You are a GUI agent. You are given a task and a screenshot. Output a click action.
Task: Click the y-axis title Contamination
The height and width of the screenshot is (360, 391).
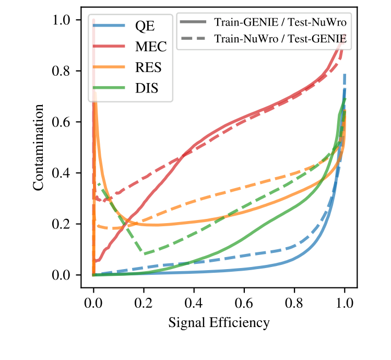pyautogui.click(x=39, y=147)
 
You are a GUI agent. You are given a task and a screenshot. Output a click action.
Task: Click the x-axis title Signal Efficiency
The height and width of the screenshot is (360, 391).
pyautogui.click(x=219, y=323)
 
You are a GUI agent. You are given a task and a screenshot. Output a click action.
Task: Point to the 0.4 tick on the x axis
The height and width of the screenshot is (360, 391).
pyautogui.click(x=194, y=303)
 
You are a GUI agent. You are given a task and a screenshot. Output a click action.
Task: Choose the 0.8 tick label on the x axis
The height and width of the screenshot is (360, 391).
pyautogui.click(x=294, y=303)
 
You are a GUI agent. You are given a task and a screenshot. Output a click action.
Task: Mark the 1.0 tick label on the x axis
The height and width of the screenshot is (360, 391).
pyautogui.click(x=345, y=303)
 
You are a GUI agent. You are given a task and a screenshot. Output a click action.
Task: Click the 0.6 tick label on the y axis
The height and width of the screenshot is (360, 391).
pyautogui.click(x=63, y=122)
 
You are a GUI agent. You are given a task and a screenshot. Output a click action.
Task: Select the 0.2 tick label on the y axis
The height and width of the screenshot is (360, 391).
pyautogui.click(x=63, y=224)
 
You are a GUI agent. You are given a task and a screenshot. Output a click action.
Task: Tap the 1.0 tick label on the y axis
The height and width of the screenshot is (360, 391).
pyautogui.click(x=63, y=20)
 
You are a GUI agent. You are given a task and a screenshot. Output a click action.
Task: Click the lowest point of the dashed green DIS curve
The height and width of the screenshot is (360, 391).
pyautogui.click(x=144, y=254)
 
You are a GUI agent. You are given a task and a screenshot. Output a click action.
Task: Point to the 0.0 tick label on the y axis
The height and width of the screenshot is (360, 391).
pyautogui.click(x=63, y=275)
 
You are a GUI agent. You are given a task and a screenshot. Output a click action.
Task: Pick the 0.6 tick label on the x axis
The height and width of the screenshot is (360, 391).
pyautogui.click(x=244, y=303)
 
